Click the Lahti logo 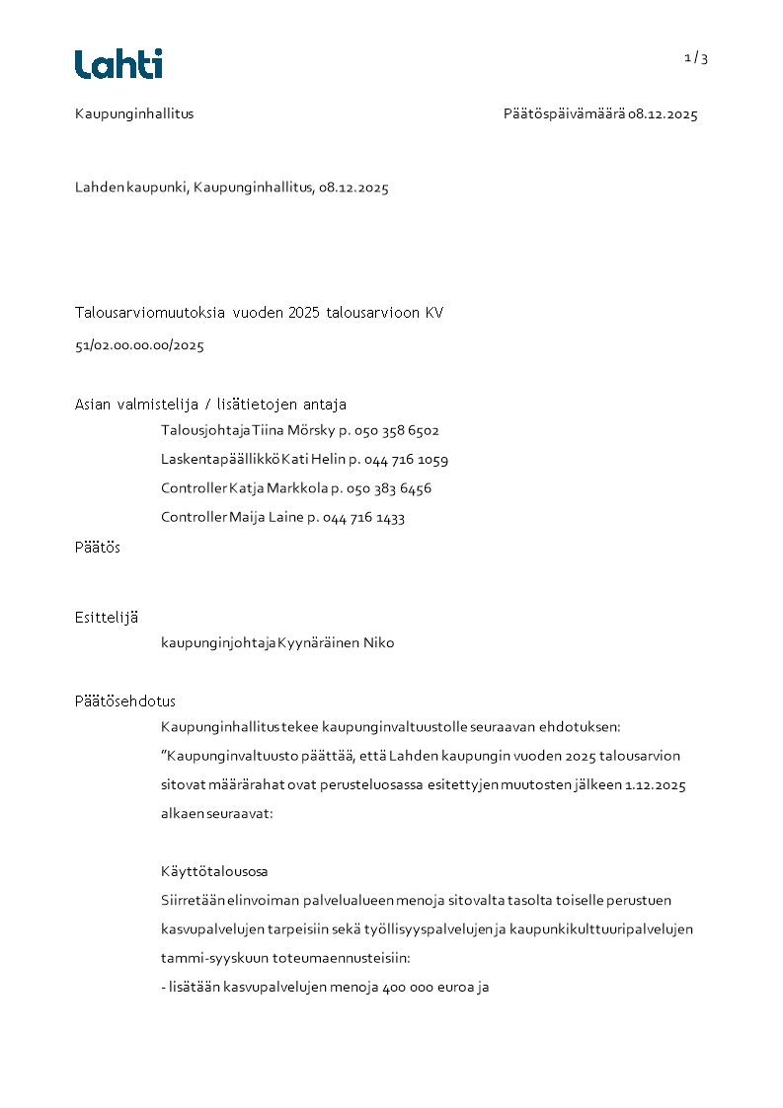coord(118,64)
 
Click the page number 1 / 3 coord(696,58)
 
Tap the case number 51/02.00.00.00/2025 coord(139,346)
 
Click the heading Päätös coord(98,548)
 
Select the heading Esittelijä coord(107,618)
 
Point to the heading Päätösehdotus coord(125,702)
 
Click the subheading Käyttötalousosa coord(214,872)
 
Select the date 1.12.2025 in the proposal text coord(656,786)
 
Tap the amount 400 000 coord(410,986)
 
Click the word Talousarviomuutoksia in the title coord(150,314)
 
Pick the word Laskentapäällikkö coord(220,460)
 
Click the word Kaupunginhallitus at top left coord(134,114)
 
